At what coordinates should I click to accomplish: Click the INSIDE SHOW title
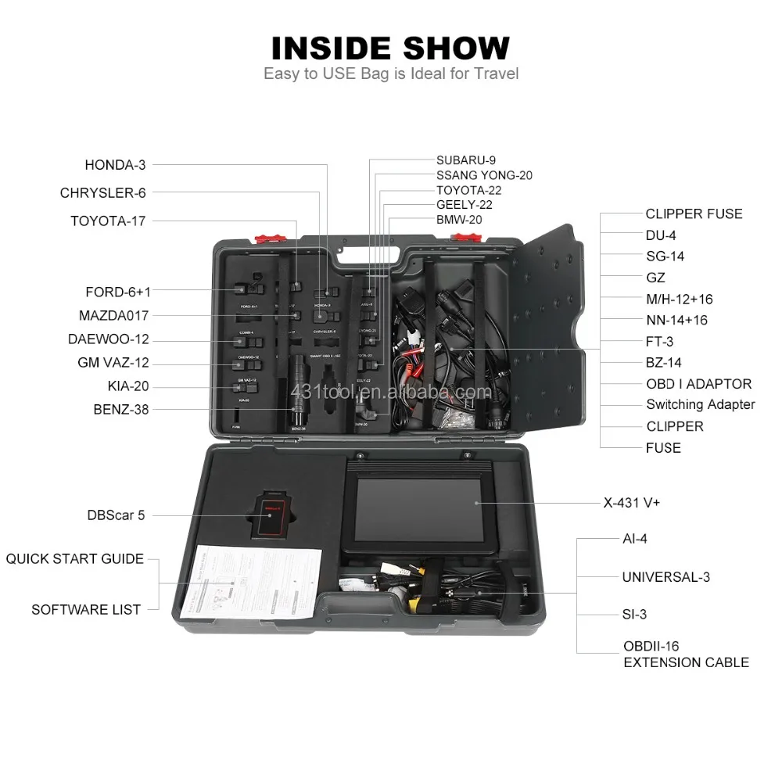(x=390, y=48)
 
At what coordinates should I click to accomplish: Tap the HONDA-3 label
(x=115, y=165)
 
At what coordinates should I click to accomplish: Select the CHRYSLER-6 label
(x=102, y=192)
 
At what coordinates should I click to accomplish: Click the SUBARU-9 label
(x=466, y=160)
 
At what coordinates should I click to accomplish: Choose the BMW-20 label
(x=459, y=219)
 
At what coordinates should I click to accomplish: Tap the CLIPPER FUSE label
(x=694, y=213)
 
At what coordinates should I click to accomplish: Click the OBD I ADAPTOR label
(x=698, y=384)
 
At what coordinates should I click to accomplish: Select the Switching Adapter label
(x=700, y=404)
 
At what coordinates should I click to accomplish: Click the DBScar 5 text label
(x=116, y=515)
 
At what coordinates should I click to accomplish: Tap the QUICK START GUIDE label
(x=75, y=558)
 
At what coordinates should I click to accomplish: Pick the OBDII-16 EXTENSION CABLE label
(x=685, y=655)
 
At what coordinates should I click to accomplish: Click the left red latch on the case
(x=269, y=237)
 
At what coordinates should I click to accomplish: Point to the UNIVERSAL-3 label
(x=665, y=577)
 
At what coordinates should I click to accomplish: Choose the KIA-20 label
(x=128, y=386)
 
